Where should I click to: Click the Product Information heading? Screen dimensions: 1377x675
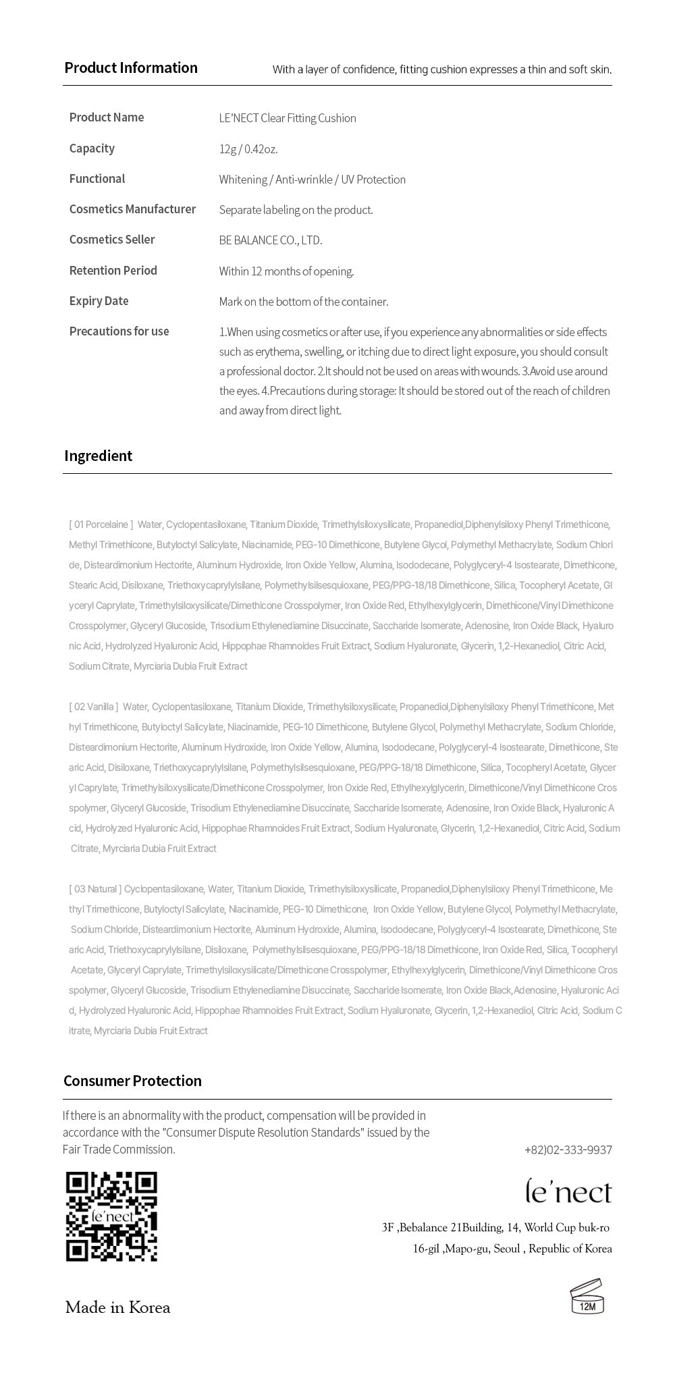pos(131,67)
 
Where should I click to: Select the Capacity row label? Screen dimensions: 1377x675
pos(92,148)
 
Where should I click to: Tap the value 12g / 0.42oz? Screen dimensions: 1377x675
pos(248,149)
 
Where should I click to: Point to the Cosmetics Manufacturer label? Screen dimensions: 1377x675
pos(132,209)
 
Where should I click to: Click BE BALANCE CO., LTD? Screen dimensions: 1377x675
pos(271,240)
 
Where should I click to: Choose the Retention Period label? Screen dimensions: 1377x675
pos(113,271)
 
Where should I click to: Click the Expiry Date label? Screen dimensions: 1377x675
pos(99,301)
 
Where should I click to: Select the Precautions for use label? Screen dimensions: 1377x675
pos(119,331)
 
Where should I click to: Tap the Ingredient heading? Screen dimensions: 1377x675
pos(98,456)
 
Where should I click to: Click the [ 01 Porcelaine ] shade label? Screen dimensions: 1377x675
pos(101,524)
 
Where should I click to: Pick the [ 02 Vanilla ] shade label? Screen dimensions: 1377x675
pos(93,707)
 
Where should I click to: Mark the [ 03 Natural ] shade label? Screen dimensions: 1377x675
pos(94,889)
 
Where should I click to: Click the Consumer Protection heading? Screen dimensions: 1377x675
pos(132,1081)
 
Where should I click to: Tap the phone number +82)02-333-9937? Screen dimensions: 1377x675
pos(568,1150)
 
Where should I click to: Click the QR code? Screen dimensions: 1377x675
pos(111,1216)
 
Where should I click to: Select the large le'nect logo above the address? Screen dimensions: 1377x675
pos(568,1192)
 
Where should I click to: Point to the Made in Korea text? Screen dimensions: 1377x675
pos(117,1307)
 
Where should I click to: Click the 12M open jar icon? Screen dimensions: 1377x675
pos(587,1296)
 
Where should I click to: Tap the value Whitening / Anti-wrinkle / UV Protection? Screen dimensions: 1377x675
pos(312,180)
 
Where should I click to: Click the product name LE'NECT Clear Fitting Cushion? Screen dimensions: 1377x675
pos(288,118)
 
